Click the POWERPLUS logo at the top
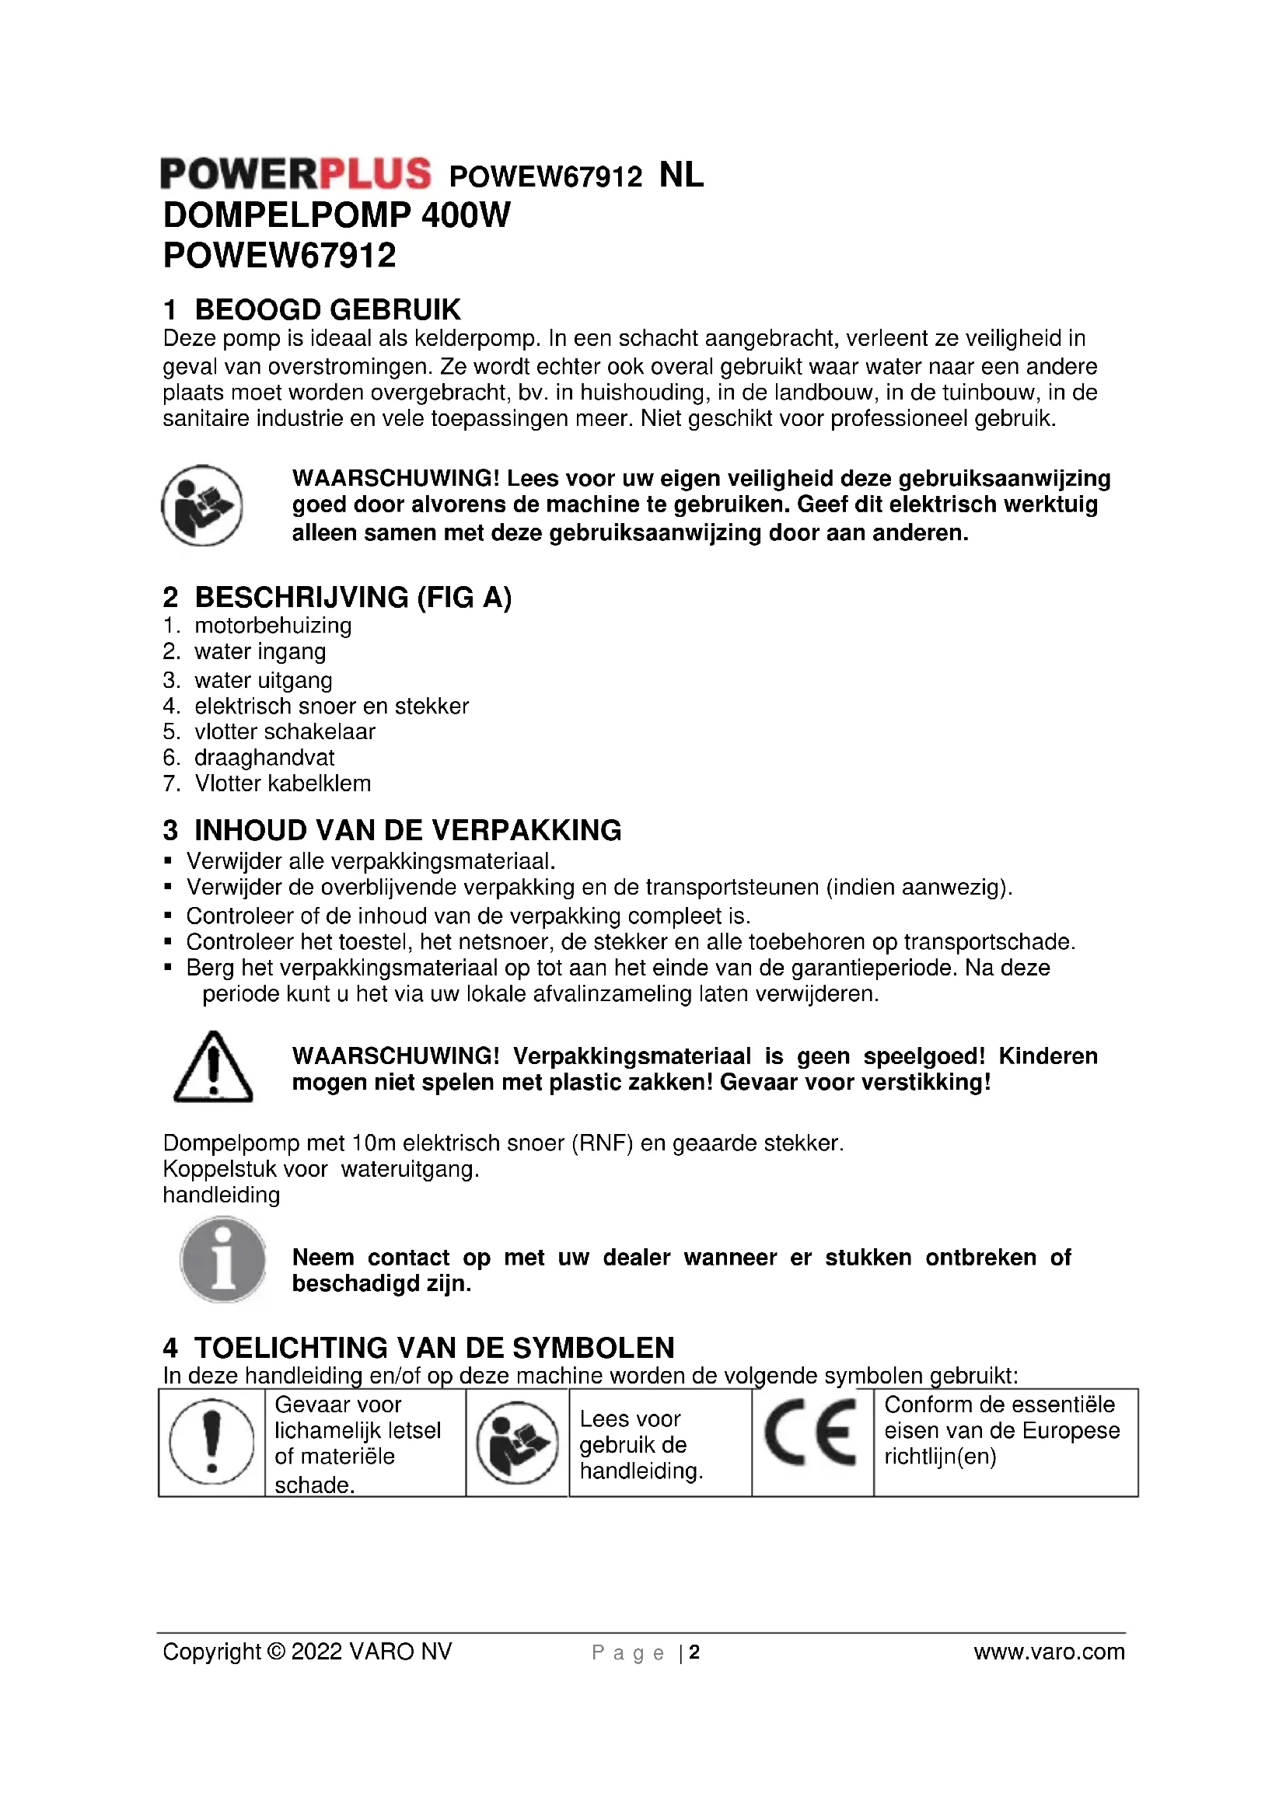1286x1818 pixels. click(x=295, y=173)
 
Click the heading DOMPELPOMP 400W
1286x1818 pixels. click(x=337, y=215)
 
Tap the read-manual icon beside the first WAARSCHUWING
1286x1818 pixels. click(x=202, y=505)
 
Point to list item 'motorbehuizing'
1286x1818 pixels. click(x=272, y=626)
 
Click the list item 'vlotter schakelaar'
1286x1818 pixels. click(x=285, y=731)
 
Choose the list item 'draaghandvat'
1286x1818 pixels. click(x=264, y=758)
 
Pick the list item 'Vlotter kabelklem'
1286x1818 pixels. click(x=282, y=784)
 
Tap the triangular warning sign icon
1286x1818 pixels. click(x=212, y=1067)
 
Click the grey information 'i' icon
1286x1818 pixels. click(x=222, y=1261)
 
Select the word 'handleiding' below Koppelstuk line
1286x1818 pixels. click(x=222, y=1195)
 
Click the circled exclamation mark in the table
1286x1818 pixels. click(x=211, y=1441)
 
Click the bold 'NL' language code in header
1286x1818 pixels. click(x=681, y=175)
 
